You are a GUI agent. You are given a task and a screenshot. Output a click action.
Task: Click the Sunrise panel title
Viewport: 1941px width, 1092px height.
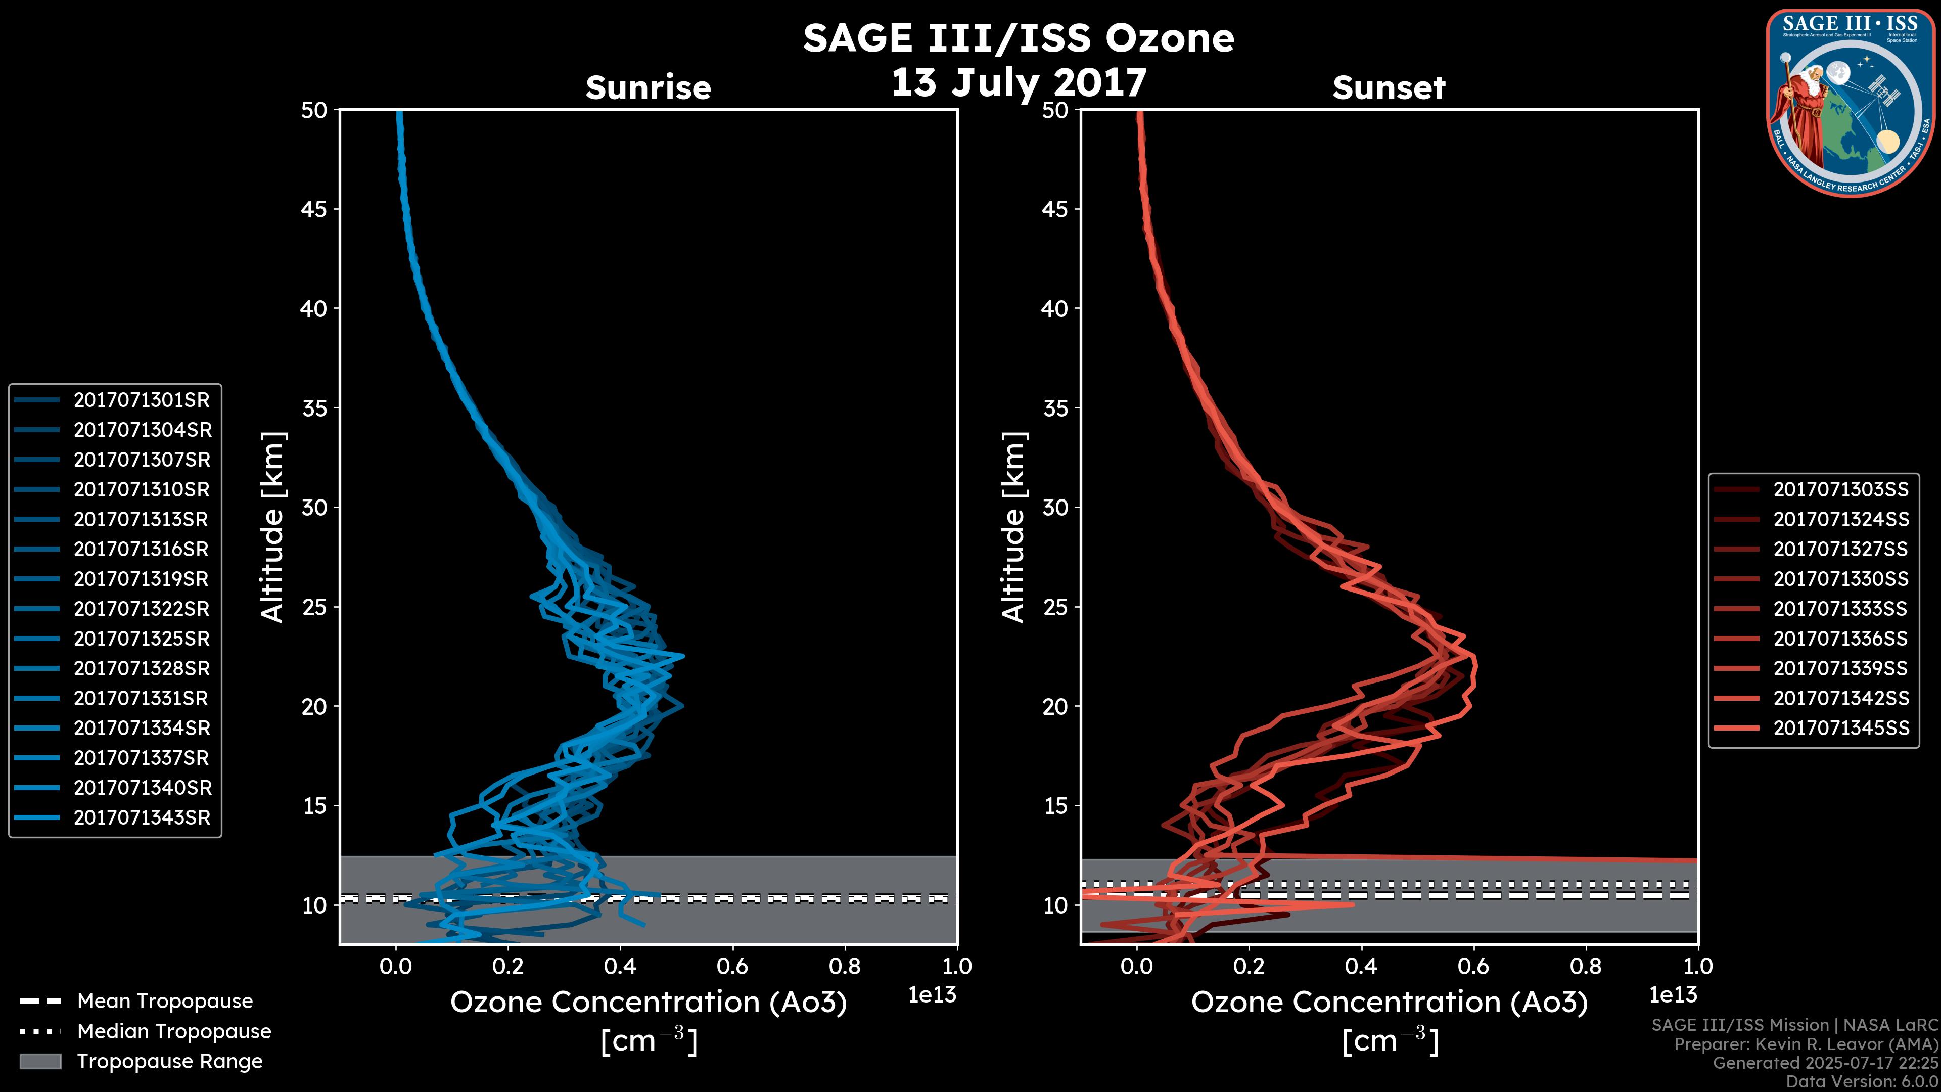point(648,88)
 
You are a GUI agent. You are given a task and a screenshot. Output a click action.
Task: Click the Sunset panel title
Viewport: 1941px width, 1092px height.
point(1389,88)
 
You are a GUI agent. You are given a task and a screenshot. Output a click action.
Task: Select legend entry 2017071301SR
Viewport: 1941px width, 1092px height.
point(142,400)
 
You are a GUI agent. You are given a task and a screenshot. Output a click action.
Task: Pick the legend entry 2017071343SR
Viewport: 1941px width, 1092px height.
point(142,817)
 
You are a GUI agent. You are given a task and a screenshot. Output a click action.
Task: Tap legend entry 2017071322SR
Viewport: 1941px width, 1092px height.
point(142,609)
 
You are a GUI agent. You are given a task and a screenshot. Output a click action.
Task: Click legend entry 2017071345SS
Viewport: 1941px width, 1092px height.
point(1841,728)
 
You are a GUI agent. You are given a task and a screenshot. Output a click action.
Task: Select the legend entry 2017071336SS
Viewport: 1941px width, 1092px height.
point(1841,639)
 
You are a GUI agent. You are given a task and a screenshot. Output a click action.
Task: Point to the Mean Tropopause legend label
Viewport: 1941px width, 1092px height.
point(165,1002)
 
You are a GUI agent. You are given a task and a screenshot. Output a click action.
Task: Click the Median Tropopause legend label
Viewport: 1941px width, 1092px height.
point(174,1032)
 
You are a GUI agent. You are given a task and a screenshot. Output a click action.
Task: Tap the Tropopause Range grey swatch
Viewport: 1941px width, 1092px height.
point(40,1061)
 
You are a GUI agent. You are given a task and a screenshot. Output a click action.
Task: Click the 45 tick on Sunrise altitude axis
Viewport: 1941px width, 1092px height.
point(314,209)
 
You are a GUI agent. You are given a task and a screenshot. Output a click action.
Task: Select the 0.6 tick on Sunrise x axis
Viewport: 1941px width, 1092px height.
point(732,966)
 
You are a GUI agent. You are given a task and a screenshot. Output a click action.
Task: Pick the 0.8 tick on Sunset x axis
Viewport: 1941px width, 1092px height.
point(1585,966)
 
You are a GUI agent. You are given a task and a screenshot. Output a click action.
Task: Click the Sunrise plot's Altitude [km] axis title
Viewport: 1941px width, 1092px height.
point(273,527)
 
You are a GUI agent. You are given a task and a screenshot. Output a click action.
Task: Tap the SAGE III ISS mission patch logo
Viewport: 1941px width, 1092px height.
point(1851,103)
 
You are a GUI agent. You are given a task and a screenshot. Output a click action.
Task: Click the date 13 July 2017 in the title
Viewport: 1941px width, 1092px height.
point(1019,82)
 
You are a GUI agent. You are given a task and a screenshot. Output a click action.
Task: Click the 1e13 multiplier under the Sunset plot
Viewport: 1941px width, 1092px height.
point(1673,995)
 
